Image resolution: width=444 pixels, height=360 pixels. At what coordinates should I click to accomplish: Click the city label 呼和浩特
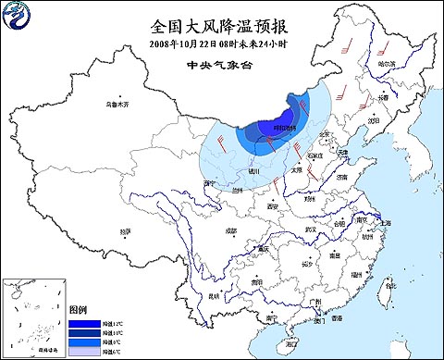284,128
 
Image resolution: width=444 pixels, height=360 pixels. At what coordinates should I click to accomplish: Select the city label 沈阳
372,119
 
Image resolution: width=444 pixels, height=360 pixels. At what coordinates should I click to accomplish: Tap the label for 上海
385,222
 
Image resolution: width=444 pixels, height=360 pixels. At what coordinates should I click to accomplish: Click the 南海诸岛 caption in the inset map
32,352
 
